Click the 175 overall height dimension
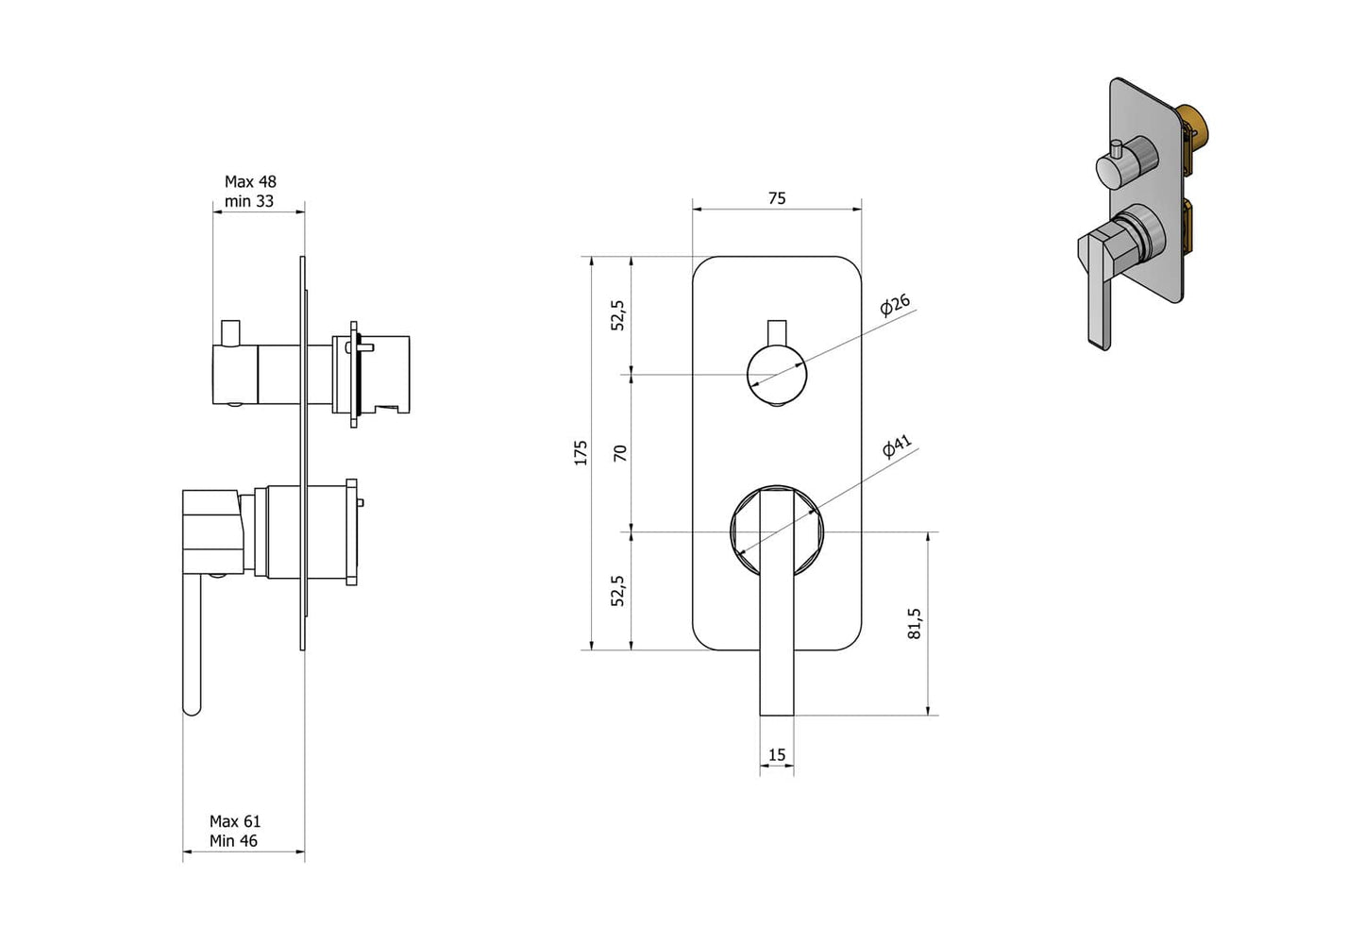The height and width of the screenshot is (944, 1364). [581, 452]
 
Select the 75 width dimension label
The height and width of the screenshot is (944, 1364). [776, 198]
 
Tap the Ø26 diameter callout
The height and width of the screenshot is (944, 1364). [895, 305]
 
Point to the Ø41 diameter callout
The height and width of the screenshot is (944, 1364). [897, 447]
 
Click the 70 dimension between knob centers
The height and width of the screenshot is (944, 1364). [620, 453]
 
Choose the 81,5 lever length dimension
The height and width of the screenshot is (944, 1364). [915, 624]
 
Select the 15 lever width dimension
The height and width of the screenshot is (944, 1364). [776, 754]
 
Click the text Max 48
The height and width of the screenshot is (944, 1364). [250, 181]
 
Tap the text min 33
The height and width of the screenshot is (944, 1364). [249, 201]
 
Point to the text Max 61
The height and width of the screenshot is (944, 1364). [235, 821]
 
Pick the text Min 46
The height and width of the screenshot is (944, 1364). [233, 841]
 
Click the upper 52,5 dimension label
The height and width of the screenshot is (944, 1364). [618, 315]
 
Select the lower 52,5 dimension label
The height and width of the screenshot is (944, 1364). [618, 591]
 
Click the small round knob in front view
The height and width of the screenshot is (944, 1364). [776, 375]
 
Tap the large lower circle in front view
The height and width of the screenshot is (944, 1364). [776, 531]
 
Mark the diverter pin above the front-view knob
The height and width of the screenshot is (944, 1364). [776, 332]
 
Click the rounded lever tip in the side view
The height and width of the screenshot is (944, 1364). [193, 706]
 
